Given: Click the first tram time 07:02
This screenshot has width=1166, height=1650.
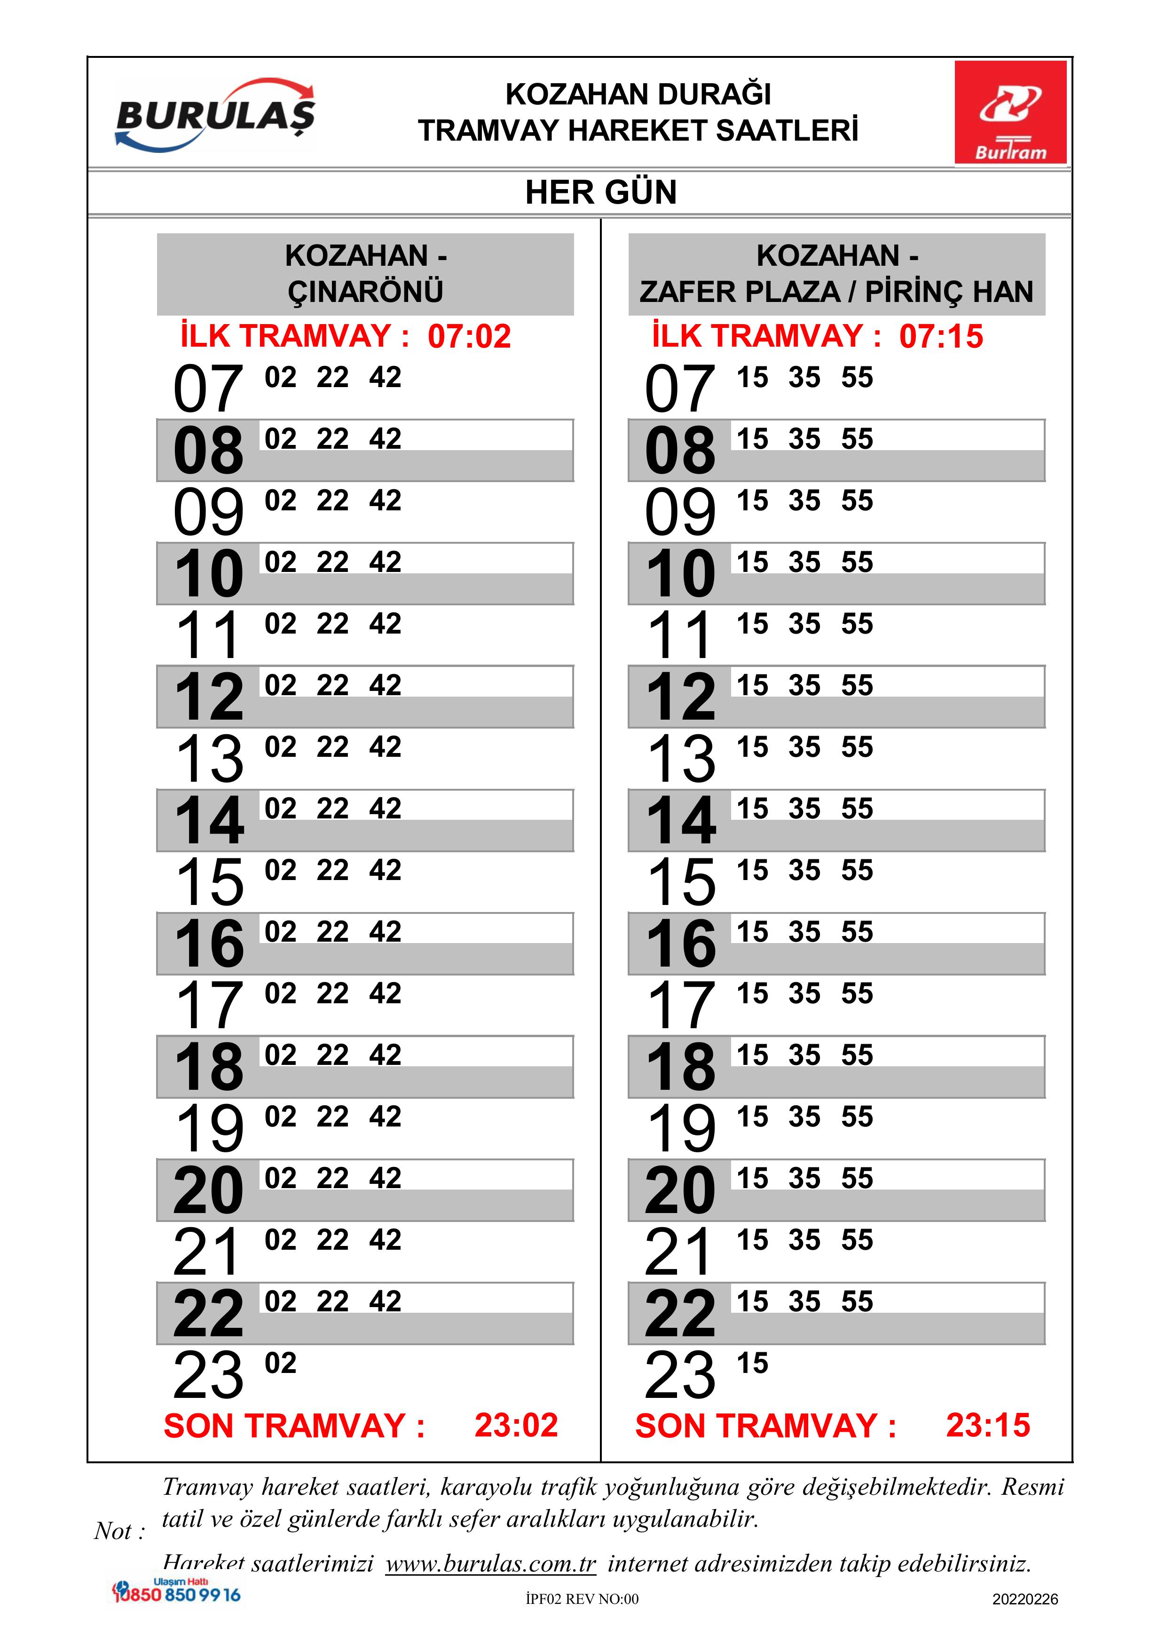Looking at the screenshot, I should point(469,336).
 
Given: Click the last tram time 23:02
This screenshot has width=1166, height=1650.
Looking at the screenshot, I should point(516,1425).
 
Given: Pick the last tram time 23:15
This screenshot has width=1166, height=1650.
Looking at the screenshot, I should point(988,1425).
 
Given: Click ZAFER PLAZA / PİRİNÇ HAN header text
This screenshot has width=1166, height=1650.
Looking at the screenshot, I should point(836,292).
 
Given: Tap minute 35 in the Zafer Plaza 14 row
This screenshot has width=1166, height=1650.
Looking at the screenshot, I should point(804,809).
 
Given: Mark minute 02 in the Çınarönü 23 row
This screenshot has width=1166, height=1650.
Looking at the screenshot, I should point(280,1363).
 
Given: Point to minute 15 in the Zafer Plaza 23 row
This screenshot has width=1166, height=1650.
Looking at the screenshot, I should point(752,1363).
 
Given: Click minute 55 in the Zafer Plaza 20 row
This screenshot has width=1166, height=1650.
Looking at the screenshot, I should point(857,1179).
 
